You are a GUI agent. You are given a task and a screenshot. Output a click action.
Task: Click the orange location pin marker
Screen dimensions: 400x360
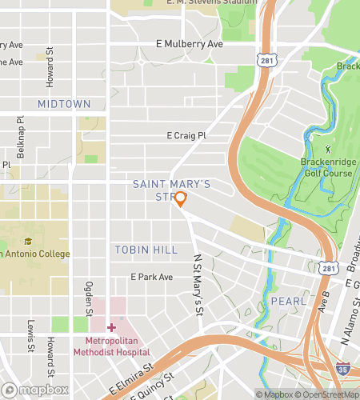(x=180, y=199)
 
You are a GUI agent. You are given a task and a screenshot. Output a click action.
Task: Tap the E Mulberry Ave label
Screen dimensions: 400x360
(x=190, y=44)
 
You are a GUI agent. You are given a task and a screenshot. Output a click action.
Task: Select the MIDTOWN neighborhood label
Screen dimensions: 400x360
(x=64, y=104)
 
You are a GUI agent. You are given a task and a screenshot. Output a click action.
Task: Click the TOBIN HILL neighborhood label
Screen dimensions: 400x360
(x=146, y=250)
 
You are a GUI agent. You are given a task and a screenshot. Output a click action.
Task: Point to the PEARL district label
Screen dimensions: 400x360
(x=289, y=301)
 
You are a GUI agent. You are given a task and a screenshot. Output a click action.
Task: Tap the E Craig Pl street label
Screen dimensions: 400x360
(x=186, y=137)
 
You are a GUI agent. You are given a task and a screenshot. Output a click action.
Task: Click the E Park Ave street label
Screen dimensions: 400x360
(x=152, y=277)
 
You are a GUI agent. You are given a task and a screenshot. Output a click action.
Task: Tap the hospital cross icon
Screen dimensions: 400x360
(x=111, y=328)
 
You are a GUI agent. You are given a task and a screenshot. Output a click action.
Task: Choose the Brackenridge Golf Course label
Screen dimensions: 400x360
(x=326, y=167)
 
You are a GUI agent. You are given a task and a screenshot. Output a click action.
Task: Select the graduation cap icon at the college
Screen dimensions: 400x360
(x=28, y=241)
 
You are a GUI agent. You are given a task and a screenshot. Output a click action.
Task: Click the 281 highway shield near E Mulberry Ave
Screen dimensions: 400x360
(x=266, y=60)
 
